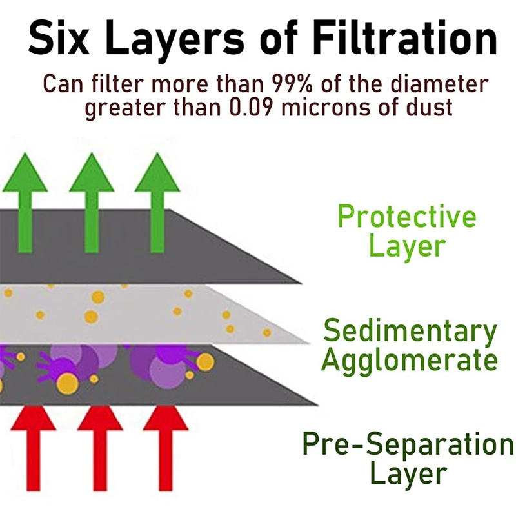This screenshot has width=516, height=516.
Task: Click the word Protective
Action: pyautogui.click(x=407, y=217)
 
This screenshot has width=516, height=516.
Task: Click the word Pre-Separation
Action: pyautogui.click(x=408, y=444)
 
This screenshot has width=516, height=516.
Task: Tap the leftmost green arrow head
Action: pyautogui.click(x=25, y=172)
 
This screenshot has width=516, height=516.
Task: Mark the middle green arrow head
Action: pyautogui.click(x=91, y=172)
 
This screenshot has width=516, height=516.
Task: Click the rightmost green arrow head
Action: pyautogui.click(x=157, y=172)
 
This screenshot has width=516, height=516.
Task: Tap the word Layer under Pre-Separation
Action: pyautogui.click(x=408, y=474)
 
